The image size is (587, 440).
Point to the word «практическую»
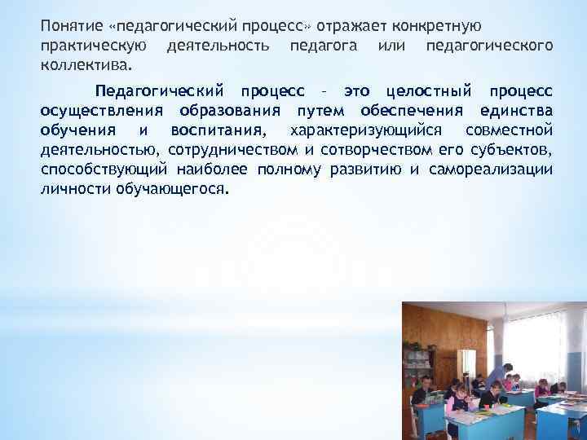click(x=93, y=44)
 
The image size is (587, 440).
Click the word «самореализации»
click(x=499, y=169)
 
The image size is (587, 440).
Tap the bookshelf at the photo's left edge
click(x=415, y=359)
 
